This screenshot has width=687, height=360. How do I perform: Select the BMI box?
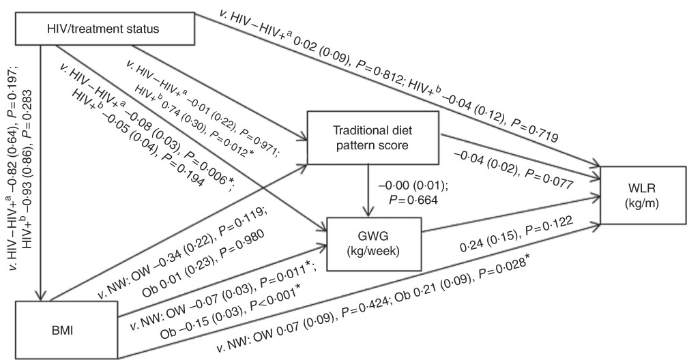click(66, 330)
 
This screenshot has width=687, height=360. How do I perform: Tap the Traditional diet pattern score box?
click(373, 138)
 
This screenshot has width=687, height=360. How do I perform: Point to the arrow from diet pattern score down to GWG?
click(368, 190)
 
